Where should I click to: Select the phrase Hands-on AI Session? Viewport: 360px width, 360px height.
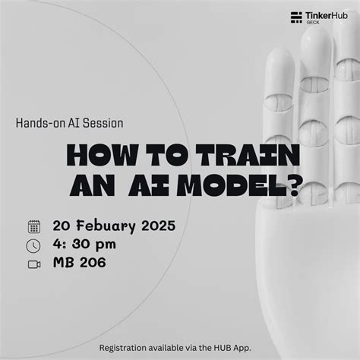pyautogui.click(x=69, y=122)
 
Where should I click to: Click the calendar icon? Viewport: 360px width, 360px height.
pyautogui.click(x=33, y=226)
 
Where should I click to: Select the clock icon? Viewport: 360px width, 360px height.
pyautogui.click(x=33, y=245)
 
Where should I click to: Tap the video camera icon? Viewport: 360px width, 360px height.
pyautogui.click(x=33, y=264)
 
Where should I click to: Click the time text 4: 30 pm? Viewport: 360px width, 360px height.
pyautogui.click(x=83, y=245)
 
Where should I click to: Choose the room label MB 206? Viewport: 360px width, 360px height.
pyautogui.click(x=79, y=264)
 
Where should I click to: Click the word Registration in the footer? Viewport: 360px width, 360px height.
pyautogui.click(x=125, y=347)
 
